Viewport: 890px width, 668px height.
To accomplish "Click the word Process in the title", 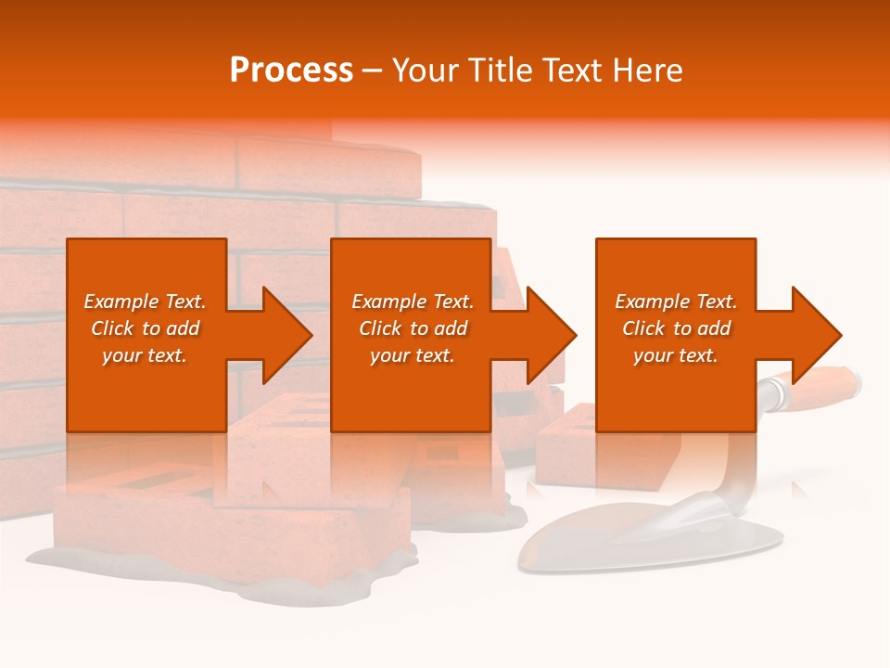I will tap(291, 71).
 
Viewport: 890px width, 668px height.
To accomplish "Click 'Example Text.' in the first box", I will tap(145, 302).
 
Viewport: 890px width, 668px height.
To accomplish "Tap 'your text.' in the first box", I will tap(145, 355).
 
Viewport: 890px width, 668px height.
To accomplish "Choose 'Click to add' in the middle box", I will tap(413, 328).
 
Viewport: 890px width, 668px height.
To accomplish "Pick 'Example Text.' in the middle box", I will tap(413, 302).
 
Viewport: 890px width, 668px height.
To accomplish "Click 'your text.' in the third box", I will tap(676, 355).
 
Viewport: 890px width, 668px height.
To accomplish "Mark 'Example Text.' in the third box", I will tap(676, 302).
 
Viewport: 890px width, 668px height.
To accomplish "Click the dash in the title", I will tap(372, 71).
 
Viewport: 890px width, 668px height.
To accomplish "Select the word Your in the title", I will tap(426, 71).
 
